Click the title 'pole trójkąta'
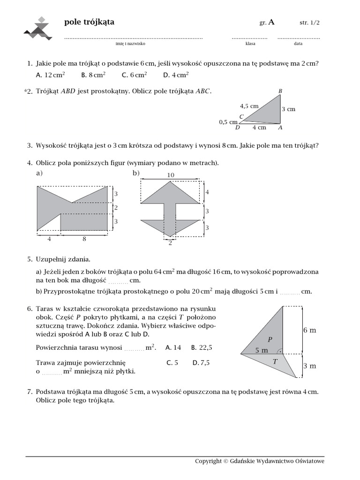(x=89, y=22)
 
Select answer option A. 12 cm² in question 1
(x=50, y=75)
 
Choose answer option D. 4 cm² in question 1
(x=176, y=75)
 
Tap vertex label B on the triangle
(x=280, y=90)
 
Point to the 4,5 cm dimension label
(x=249, y=106)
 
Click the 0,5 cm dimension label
(x=228, y=122)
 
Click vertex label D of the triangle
(x=238, y=127)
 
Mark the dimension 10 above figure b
(x=170, y=175)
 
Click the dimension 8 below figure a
(x=84, y=239)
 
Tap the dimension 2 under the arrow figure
(x=170, y=243)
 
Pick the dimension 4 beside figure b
(x=207, y=193)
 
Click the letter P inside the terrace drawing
(x=270, y=339)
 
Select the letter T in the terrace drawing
(x=275, y=361)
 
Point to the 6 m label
(x=309, y=330)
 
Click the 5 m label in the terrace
(x=262, y=350)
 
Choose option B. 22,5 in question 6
(x=202, y=348)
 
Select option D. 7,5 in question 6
(x=201, y=362)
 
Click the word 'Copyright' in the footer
(x=208, y=461)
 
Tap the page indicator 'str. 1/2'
(x=310, y=22)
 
